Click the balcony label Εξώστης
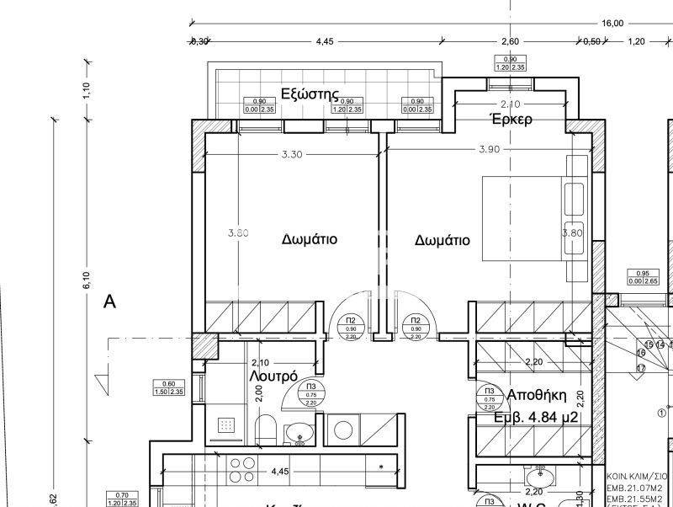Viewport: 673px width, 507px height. (310, 93)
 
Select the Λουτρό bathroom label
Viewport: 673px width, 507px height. (274, 376)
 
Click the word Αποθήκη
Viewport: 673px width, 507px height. (537, 396)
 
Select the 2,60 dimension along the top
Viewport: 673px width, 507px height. (510, 41)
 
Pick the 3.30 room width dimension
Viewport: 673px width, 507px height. (291, 154)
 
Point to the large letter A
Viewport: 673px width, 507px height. (109, 303)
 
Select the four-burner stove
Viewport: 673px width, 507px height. (242, 470)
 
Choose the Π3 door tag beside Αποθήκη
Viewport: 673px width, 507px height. (488, 396)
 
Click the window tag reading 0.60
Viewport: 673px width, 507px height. (168, 387)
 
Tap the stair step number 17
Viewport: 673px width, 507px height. (641, 368)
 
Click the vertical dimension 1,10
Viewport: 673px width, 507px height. (86, 89)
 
